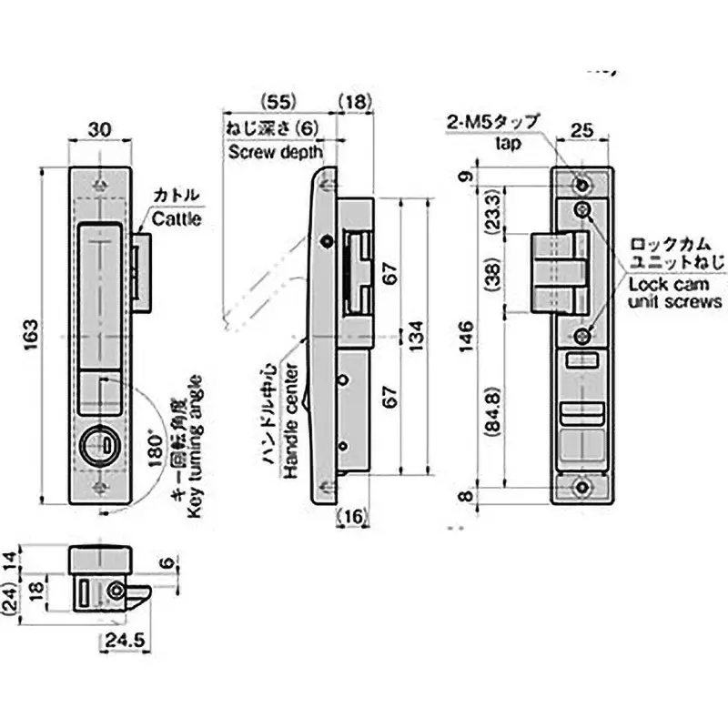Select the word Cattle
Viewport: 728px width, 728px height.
click(176, 218)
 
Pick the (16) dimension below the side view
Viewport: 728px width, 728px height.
click(354, 517)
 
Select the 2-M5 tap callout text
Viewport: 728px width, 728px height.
click(492, 122)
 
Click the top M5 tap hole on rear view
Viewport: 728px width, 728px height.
click(582, 185)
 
